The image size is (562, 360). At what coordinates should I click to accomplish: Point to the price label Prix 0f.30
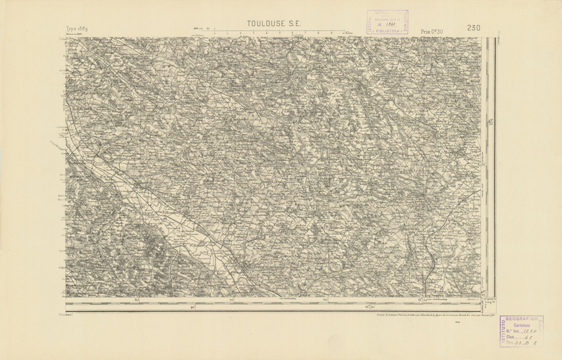436,31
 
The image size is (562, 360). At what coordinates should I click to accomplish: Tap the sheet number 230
473,28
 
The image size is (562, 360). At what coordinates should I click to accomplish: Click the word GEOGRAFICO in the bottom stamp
526,318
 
